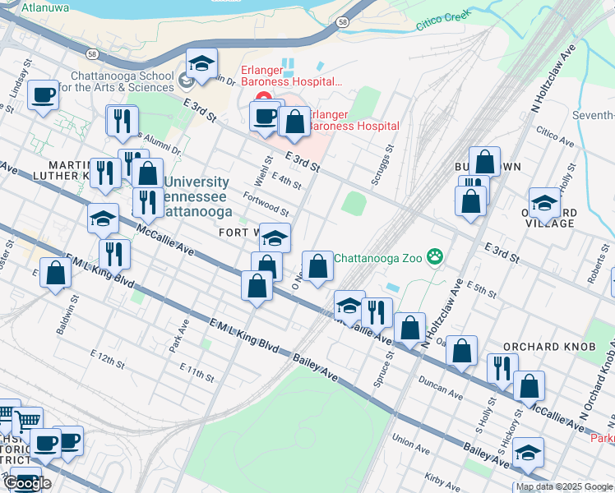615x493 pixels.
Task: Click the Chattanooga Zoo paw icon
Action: point(435,258)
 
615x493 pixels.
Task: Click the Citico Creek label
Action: point(442,20)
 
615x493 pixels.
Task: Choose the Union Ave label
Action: point(411,444)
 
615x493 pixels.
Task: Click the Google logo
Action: point(26,482)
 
